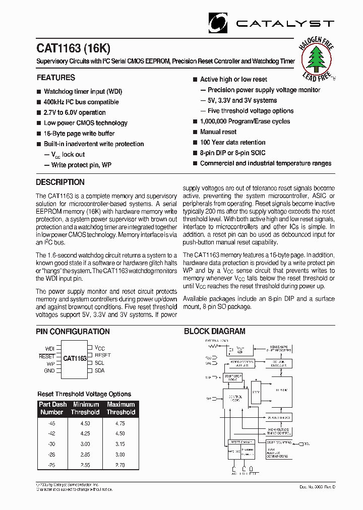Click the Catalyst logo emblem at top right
tap(219, 23)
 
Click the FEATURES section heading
tap(55, 78)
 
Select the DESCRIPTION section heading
tap(60, 182)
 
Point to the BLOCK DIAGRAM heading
tap(214, 332)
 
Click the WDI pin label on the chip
tap(49, 348)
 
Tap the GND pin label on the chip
tap(49, 370)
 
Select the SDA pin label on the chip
tap(99, 370)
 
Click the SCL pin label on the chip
tap(99, 363)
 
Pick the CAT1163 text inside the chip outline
tap(75, 359)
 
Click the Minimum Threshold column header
tap(86, 408)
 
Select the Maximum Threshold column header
tap(121, 408)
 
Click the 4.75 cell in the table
tap(119, 424)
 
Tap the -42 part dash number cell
tap(52, 433)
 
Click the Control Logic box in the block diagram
tap(236, 399)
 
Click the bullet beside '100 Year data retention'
tap(195, 143)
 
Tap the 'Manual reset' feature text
tap(218, 132)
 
